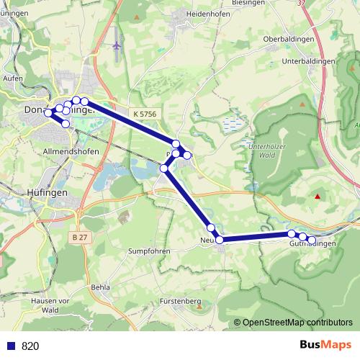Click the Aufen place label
(x=13, y=77)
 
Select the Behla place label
(x=101, y=287)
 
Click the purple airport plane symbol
(x=117, y=45)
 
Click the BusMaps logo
(x=325, y=345)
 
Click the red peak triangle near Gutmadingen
(x=318, y=196)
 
